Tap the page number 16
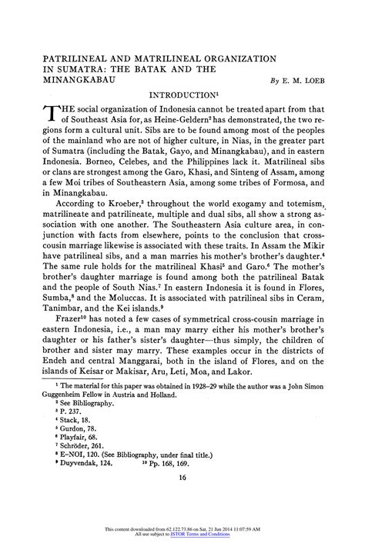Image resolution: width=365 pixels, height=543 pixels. tap(182, 478)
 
